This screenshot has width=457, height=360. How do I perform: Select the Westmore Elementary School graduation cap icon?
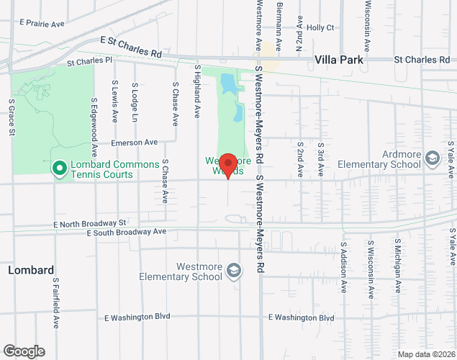click(233, 271)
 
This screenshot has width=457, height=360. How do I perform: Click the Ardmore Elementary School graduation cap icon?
click(433, 158)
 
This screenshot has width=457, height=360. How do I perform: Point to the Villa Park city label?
click(339, 60)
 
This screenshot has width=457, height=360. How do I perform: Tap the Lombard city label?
click(31, 270)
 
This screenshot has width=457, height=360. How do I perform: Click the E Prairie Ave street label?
click(42, 24)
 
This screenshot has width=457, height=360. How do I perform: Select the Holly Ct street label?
click(320, 28)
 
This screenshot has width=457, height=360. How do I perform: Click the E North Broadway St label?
click(91, 223)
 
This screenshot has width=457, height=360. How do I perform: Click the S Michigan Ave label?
click(397, 267)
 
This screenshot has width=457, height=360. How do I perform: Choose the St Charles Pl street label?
click(90, 63)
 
